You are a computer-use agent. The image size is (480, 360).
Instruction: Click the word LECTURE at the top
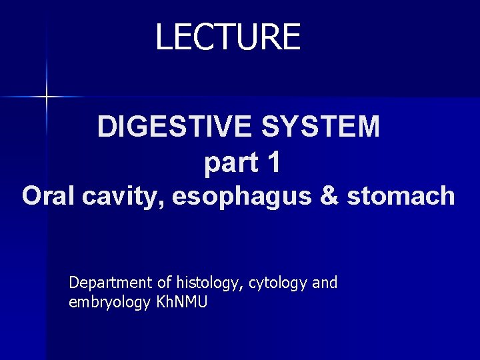(x=228, y=37)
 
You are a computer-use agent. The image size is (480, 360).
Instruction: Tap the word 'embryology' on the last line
(x=109, y=303)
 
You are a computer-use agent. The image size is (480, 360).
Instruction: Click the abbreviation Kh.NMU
(x=181, y=302)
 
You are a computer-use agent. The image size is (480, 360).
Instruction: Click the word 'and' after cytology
(x=325, y=283)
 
